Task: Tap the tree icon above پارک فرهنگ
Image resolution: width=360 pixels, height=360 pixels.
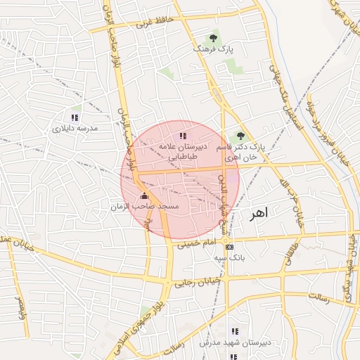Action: [213, 38]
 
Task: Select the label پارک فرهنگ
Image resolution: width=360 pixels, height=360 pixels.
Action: [213, 50]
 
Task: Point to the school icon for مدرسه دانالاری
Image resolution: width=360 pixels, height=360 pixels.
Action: [75, 117]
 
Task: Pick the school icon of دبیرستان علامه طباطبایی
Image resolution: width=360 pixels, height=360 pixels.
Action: [184, 135]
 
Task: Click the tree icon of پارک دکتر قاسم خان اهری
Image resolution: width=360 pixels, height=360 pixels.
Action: [240, 136]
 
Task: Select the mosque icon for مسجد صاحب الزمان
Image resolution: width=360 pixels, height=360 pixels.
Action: [145, 195]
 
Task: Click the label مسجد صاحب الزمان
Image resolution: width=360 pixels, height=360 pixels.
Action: [145, 207]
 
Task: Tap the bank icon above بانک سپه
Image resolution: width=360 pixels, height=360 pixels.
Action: [230, 247]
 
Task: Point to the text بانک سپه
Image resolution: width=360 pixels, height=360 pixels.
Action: [231, 258]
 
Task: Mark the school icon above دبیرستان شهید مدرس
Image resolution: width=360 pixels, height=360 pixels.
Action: [235, 331]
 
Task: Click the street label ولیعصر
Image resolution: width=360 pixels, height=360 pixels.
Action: [20, 307]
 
